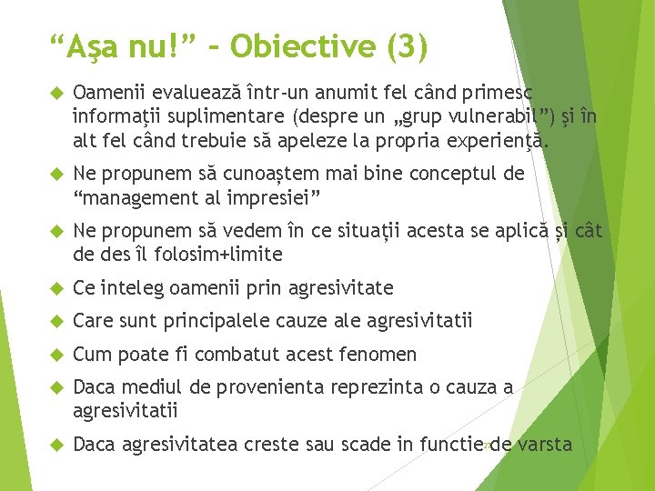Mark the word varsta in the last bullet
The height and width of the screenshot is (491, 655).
click(x=544, y=445)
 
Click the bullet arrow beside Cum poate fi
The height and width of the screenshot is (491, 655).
click(x=55, y=354)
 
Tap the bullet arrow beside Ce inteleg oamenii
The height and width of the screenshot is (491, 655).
click(x=55, y=288)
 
